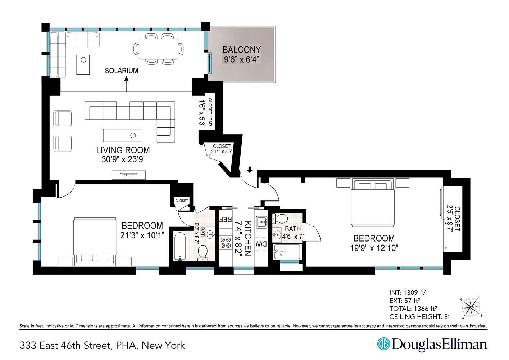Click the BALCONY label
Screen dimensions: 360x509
[241, 50]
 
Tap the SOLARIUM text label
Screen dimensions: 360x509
[121, 71]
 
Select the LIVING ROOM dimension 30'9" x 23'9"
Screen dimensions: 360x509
[123, 159]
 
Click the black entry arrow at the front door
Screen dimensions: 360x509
[250, 169]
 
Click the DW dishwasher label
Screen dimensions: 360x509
[261, 244]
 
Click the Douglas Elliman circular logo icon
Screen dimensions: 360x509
[383, 344]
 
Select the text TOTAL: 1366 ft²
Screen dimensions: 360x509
[413, 309]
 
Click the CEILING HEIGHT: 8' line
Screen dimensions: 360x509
[419, 317]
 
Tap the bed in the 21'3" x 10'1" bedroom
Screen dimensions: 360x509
[95, 242]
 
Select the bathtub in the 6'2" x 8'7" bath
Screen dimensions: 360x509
[179, 247]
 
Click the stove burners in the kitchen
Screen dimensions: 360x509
[225, 242]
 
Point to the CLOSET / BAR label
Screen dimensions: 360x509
[210, 112]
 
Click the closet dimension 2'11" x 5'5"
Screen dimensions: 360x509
[222, 152]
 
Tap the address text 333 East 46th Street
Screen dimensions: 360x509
[65, 346]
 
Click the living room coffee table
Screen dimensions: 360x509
[122, 135]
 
